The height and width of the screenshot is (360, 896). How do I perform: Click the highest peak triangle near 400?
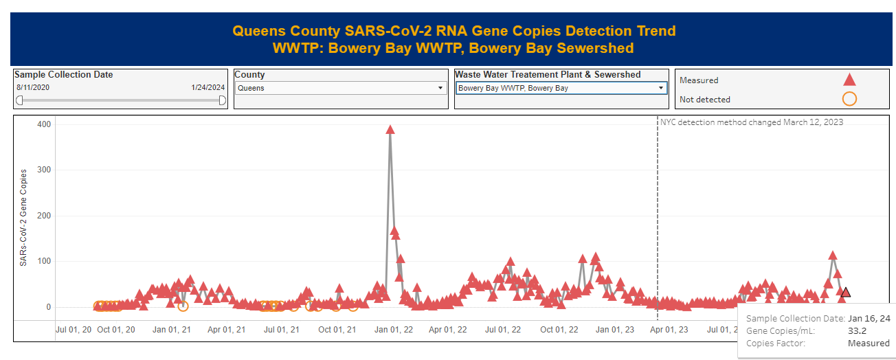point(390,130)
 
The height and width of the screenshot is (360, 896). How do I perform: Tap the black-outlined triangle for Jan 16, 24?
point(845,293)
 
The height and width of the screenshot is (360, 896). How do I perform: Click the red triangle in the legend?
point(849,79)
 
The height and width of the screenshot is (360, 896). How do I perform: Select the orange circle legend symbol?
point(849,99)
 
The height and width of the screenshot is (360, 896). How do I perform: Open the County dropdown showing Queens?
point(340,88)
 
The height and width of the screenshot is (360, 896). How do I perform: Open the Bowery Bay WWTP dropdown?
point(561,88)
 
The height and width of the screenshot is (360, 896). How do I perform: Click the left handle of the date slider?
point(19,100)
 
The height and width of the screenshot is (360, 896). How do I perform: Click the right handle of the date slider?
point(223,100)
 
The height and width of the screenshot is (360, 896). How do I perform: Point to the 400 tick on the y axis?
point(44,124)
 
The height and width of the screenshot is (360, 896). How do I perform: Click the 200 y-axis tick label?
point(44,216)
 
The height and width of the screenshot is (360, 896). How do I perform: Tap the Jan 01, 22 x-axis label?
point(393,330)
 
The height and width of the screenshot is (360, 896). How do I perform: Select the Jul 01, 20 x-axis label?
point(74,330)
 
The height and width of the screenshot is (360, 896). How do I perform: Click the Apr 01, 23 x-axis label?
point(669,330)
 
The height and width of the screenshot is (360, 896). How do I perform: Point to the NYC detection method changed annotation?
point(752,122)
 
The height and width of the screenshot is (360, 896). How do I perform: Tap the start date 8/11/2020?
point(33,88)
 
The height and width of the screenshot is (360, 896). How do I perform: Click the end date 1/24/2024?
point(208,88)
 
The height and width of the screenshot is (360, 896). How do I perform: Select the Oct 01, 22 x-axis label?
point(559,330)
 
